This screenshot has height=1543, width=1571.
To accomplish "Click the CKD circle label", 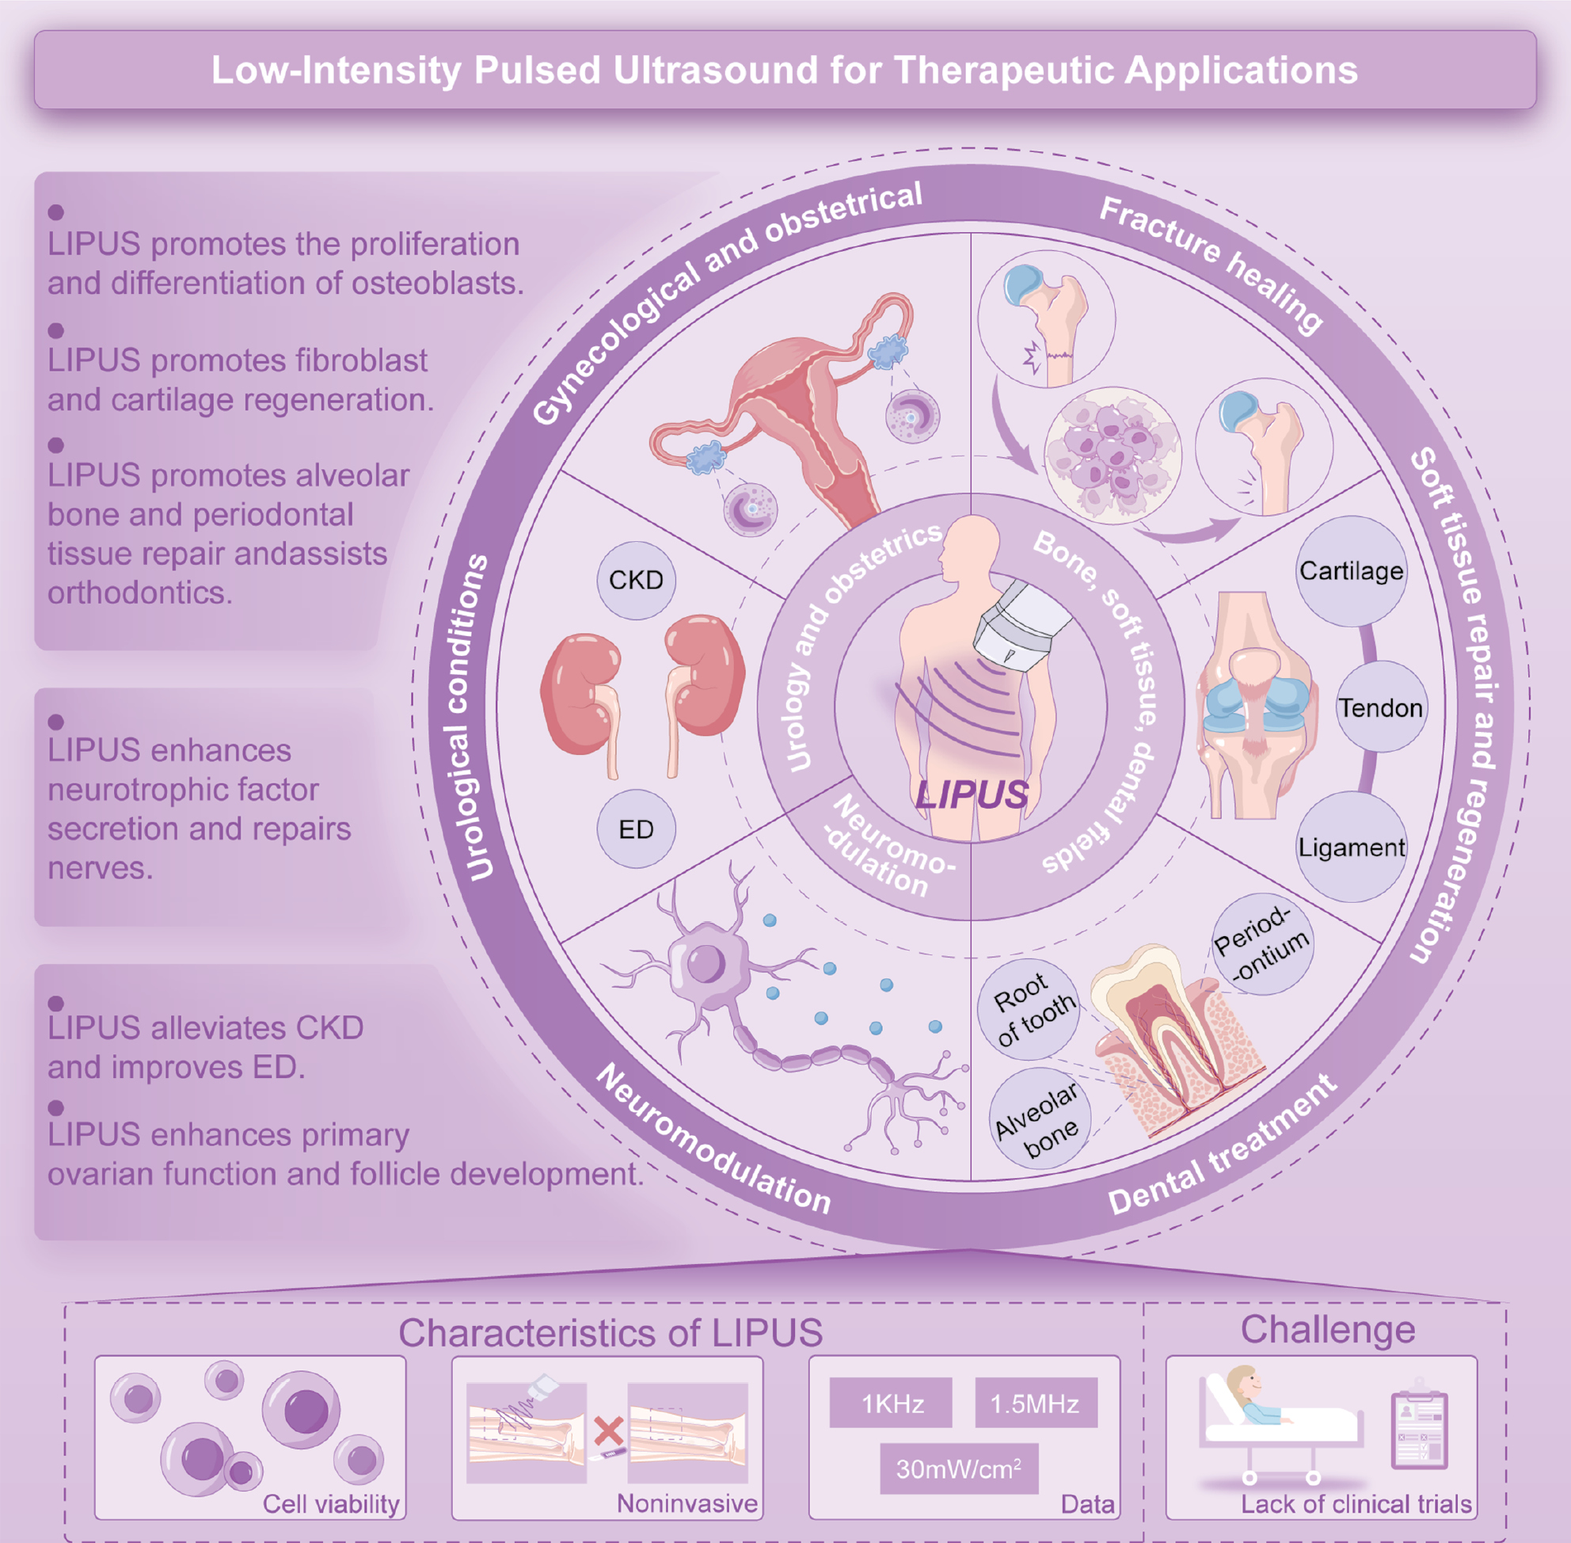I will (x=635, y=581).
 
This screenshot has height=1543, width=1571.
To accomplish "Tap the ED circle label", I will (x=635, y=829).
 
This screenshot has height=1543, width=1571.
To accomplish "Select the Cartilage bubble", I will (x=1351, y=571).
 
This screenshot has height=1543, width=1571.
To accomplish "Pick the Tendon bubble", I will (x=1380, y=707).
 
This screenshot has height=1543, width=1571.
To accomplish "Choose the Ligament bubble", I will (x=1351, y=848).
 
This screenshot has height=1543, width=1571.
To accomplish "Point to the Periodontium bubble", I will (x=1261, y=945).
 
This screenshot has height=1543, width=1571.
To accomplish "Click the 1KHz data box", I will (x=892, y=1403).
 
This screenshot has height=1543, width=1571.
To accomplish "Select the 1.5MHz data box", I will (x=1035, y=1403).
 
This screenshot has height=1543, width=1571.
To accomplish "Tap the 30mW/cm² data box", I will (x=958, y=1469).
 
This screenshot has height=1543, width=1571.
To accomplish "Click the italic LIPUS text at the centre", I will (x=972, y=795).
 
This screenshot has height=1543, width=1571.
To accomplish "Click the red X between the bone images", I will (x=607, y=1431).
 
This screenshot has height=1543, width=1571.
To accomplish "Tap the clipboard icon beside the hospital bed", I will (x=1419, y=1430).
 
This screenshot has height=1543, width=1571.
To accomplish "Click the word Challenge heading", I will (x=1327, y=1330).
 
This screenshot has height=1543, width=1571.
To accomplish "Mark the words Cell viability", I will (x=330, y=1503).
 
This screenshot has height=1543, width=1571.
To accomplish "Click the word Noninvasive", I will (x=687, y=1503).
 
